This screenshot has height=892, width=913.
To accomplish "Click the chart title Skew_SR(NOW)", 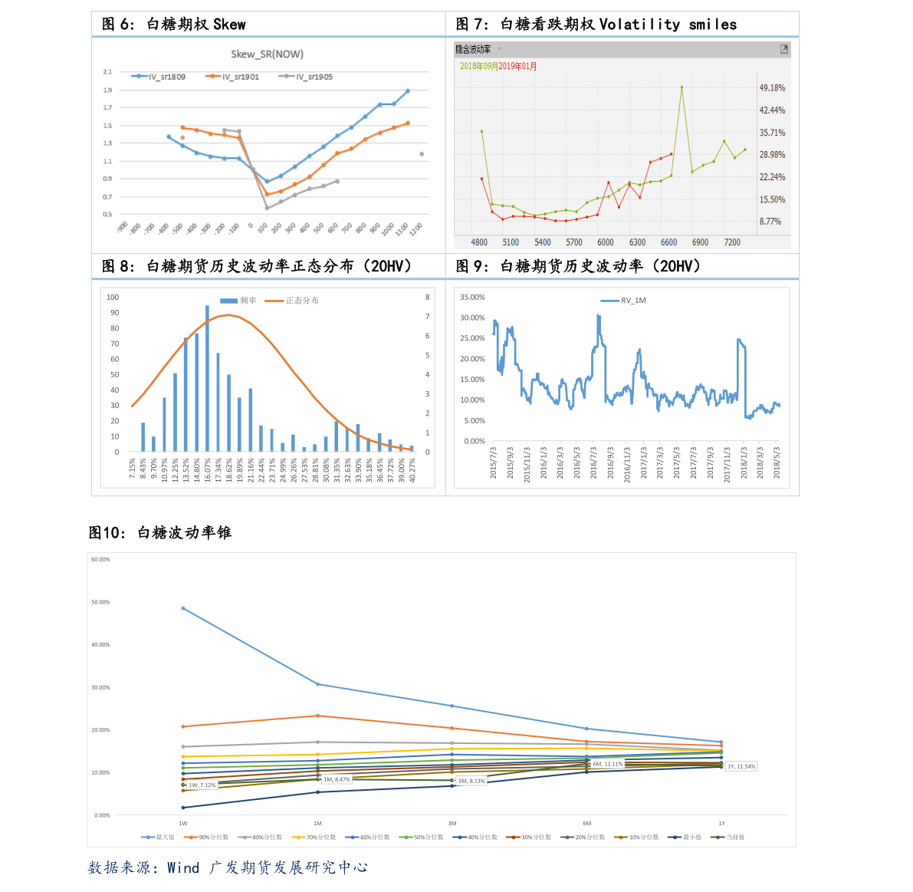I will [267, 54].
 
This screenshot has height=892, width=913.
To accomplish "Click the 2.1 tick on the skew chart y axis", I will [107, 72].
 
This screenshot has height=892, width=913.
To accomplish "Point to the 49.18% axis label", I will [772, 88].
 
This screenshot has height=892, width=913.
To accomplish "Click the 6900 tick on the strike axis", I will [700, 242].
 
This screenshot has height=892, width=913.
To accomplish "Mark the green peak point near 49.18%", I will [681, 87].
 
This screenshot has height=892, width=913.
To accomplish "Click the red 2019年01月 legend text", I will [518, 67].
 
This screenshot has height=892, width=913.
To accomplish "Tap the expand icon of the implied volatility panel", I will [784, 49].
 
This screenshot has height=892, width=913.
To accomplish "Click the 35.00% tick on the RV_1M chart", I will [472, 298].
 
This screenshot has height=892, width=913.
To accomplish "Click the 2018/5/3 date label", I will [777, 463].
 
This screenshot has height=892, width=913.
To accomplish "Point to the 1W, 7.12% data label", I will [202, 785].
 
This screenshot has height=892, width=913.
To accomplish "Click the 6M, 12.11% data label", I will [607, 764].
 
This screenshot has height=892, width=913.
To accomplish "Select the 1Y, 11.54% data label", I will [741, 766].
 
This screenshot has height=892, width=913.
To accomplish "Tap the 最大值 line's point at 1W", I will [183, 608].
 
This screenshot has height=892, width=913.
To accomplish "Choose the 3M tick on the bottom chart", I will [452, 824].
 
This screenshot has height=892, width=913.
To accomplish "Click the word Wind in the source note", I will [183, 868].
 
